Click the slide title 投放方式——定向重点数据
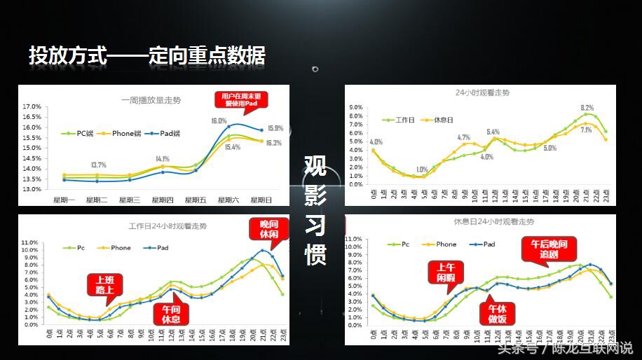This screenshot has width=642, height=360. pyautogui.click(x=147, y=56)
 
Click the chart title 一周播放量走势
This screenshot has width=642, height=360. pyautogui.click(x=151, y=100)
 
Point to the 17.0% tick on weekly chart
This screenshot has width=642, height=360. pyautogui.click(x=31, y=106)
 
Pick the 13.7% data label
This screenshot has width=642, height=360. pyautogui.click(x=98, y=165)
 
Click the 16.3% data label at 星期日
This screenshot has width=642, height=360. pyautogui.click(x=274, y=143)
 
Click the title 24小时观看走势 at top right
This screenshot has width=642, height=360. pyautogui.click(x=482, y=92)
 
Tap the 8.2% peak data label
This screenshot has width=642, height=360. pyautogui.click(x=587, y=108)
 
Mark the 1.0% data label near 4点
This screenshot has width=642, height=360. pyautogui.click(x=422, y=169)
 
